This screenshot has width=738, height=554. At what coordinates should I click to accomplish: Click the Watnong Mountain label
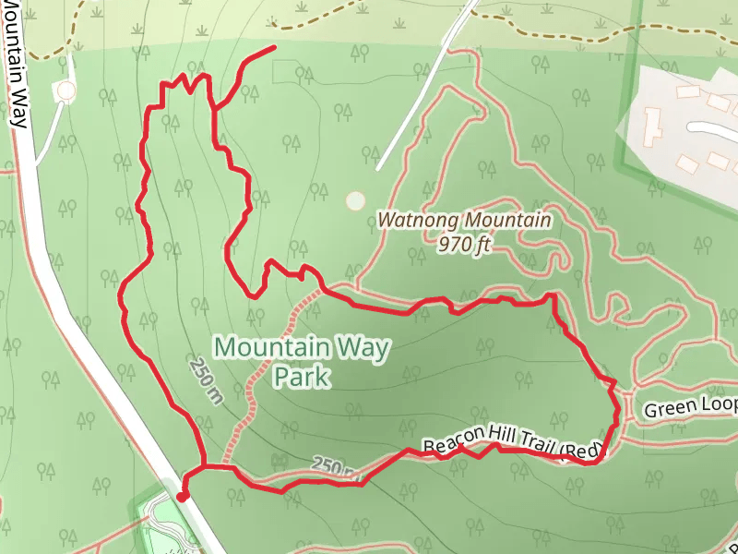pyautogui.click(x=464, y=222)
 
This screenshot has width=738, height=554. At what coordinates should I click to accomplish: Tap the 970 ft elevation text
pyautogui.click(x=464, y=247)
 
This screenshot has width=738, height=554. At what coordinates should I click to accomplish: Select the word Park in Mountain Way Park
pyautogui.click(x=301, y=378)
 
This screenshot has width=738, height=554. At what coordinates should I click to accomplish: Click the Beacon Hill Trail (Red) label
pyautogui.click(x=513, y=448)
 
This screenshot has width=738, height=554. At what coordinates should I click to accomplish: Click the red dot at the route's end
pyautogui.click(x=183, y=496)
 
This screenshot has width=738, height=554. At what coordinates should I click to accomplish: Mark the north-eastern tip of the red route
pyautogui.click(x=274, y=46)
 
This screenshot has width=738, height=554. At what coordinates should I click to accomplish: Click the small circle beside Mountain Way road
pyautogui.click(x=65, y=90)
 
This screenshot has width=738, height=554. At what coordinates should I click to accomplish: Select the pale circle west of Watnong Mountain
pyautogui.click(x=355, y=200)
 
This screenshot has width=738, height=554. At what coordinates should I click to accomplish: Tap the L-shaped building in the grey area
pyautogui.click(x=652, y=125)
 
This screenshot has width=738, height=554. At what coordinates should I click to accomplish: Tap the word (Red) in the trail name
pyautogui.click(x=581, y=452)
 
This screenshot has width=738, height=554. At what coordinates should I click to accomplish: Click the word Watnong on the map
pyautogui.click(x=418, y=222)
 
